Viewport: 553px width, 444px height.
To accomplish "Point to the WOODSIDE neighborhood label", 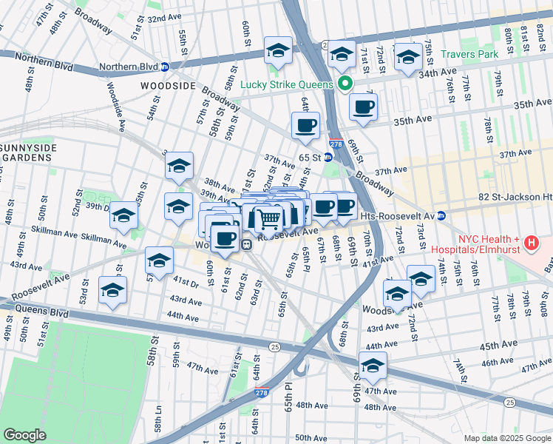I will (168, 86).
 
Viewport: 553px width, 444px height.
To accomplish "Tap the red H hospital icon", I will (530, 242).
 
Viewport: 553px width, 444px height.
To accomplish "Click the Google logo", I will (25, 435).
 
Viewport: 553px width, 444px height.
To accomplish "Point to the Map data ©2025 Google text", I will (506, 438).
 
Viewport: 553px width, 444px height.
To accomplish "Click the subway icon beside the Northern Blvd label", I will (164, 67).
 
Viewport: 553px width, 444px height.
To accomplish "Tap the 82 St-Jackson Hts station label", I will (515, 198).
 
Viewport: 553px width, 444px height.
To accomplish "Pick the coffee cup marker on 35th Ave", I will (363, 107).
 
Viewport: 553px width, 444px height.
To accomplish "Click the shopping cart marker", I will (268, 218).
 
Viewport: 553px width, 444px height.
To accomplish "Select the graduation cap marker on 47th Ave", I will (373, 366).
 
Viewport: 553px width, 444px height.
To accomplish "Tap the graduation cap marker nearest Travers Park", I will (408, 56).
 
